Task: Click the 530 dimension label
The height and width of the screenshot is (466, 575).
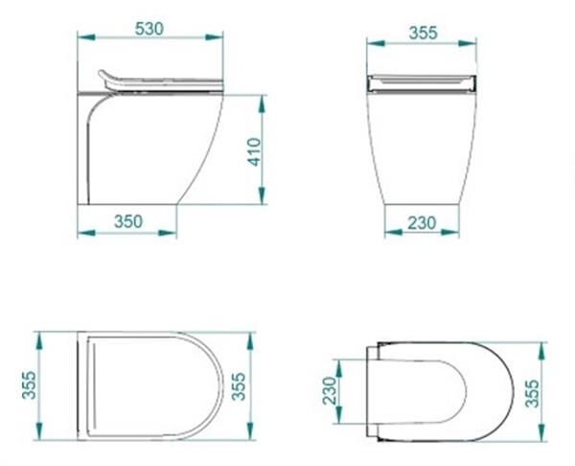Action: point(149,29)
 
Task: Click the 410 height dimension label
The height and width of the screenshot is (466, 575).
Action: point(254,151)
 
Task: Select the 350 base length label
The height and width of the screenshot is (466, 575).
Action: point(128,221)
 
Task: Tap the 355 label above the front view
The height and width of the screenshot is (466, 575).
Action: point(424,33)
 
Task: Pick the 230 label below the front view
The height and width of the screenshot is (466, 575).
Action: point(422,222)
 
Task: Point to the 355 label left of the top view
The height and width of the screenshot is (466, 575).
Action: point(30,385)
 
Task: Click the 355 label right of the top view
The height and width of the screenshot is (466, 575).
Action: point(239,386)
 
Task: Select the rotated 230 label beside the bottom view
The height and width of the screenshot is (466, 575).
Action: point(329,391)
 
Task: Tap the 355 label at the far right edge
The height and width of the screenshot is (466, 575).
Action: point(532,393)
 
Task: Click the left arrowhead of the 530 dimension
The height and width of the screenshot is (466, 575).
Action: point(86,37)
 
